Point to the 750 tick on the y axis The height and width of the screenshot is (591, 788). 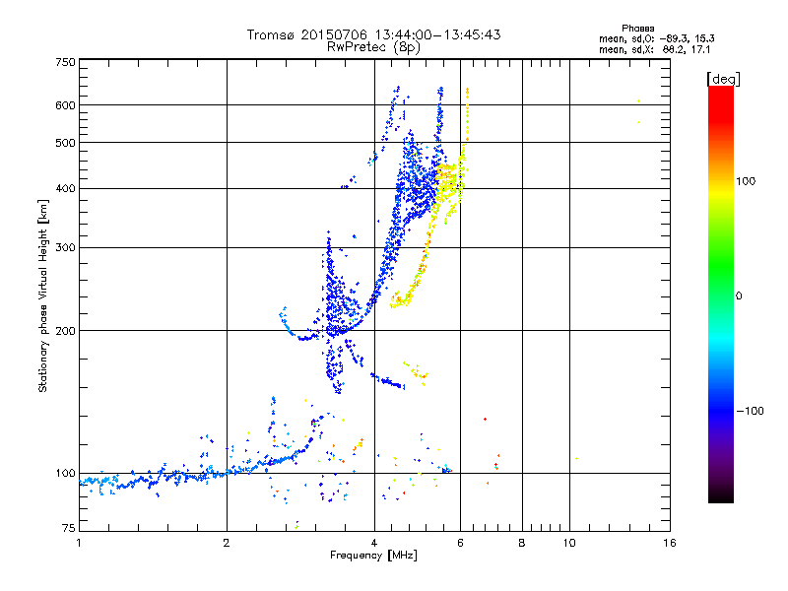tap(66, 62)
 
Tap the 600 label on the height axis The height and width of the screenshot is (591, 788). tap(66, 105)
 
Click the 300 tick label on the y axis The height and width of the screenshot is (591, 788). tap(66, 248)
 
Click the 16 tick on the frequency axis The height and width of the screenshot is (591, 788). tap(669, 543)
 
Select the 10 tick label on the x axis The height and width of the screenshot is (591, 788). tap(569, 543)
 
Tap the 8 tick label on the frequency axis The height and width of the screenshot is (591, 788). tap(522, 543)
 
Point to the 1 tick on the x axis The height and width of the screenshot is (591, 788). tap(79, 543)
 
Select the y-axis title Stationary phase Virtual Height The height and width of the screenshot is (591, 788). tap(43, 295)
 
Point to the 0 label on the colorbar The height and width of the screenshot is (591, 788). tap(739, 295)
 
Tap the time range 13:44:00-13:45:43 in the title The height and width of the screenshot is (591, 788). tap(428, 34)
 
